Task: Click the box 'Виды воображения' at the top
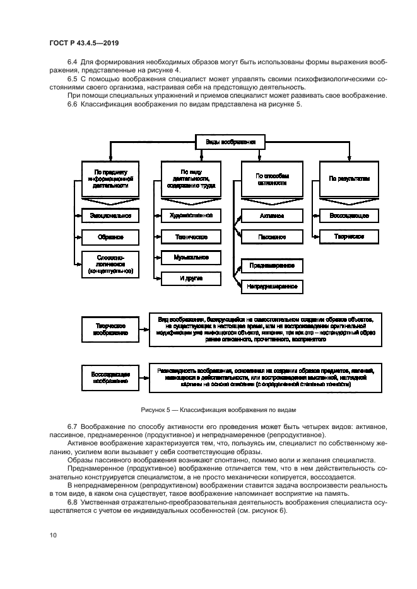point(229,142)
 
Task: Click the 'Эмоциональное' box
point(110,216)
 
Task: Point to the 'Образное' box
point(110,237)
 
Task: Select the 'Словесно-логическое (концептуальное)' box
point(110,265)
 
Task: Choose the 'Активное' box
point(272,216)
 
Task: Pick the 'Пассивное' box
point(272,237)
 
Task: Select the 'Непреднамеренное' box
point(272,287)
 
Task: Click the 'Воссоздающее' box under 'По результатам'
point(349,216)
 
